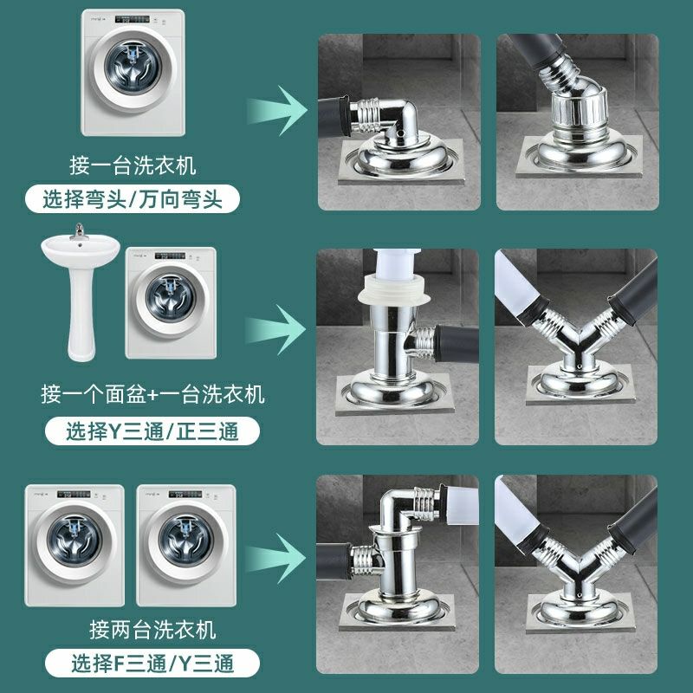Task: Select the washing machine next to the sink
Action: [x=170, y=303]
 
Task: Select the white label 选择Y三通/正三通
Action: [x=152, y=430]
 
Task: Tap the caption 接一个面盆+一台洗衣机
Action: [x=152, y=395]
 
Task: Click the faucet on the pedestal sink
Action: [x=81, y=232]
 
